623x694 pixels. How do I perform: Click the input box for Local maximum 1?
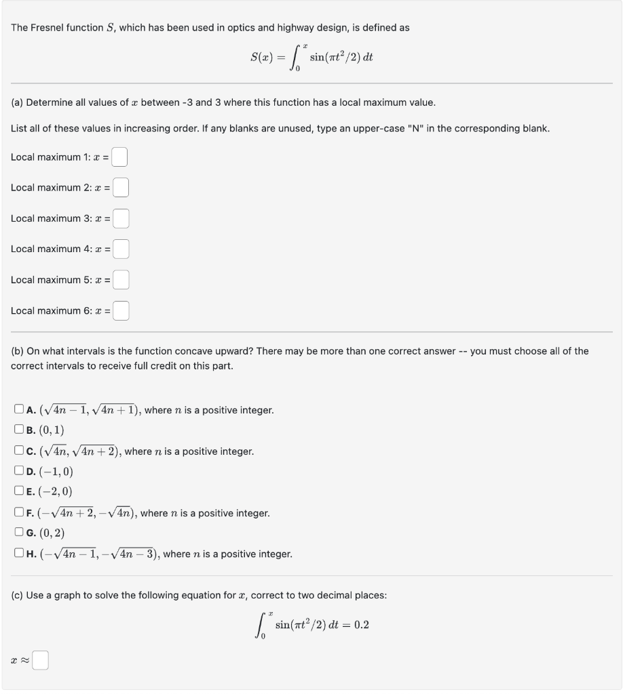pos(120,157)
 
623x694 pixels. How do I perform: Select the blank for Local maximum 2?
pos(120,188)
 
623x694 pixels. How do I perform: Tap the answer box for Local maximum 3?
pos(121,218)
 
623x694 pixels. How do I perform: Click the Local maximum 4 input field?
pos(121,249)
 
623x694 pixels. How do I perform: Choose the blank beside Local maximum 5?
pos(121,280)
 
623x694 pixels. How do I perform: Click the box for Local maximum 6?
pos(121,311)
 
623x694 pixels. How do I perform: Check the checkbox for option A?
pos(18,410)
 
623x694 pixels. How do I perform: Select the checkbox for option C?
pos(18,451)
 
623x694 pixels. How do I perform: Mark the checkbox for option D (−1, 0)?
pos(18,472)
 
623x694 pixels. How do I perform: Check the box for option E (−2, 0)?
pos(18,492)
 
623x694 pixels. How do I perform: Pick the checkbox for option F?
pos(18,513)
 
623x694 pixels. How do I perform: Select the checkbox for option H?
pos(18,554)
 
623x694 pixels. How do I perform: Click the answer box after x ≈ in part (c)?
pos(41,659)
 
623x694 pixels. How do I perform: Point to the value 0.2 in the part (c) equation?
pos(361,625)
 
